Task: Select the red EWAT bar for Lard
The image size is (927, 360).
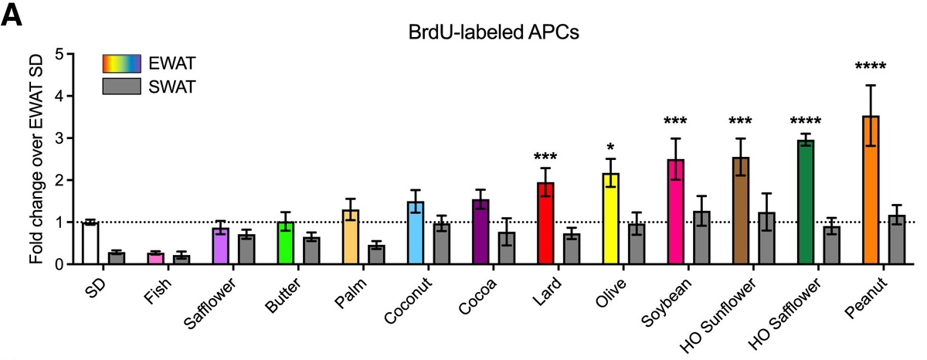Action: [546, 223]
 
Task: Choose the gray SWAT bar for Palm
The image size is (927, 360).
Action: [376, 255]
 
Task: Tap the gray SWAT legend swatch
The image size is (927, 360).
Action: [122, 86]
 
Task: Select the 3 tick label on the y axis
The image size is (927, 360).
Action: [58, 138]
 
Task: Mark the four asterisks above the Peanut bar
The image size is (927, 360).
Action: [871, 66]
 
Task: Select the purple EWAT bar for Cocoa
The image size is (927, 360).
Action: [480, 232]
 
